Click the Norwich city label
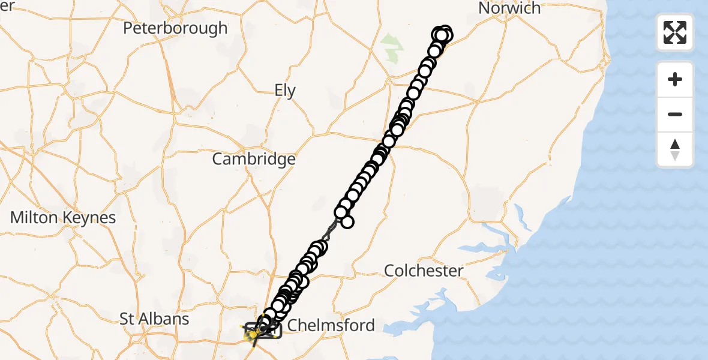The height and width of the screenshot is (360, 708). (x=509, y=8)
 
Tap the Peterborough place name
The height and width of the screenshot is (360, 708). (x=175, y=28)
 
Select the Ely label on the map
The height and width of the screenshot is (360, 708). (x=285, y=91)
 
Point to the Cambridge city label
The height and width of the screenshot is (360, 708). (x=254, y=159)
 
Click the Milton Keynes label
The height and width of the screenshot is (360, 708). (x=63, y=217)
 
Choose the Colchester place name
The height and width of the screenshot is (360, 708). (x=424, y=271)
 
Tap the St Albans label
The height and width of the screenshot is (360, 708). (x=154, y=319)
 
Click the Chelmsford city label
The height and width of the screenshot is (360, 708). (x=331, y=325)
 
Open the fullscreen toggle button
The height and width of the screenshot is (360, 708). (x=675, y=32)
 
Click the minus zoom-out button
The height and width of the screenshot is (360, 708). (x=675, y=114)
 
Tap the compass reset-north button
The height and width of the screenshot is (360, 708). (x=675, y=149)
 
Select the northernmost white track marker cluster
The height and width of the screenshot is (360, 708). (x=442, y=35)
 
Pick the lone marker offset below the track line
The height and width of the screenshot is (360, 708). (x=347, y=222)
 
